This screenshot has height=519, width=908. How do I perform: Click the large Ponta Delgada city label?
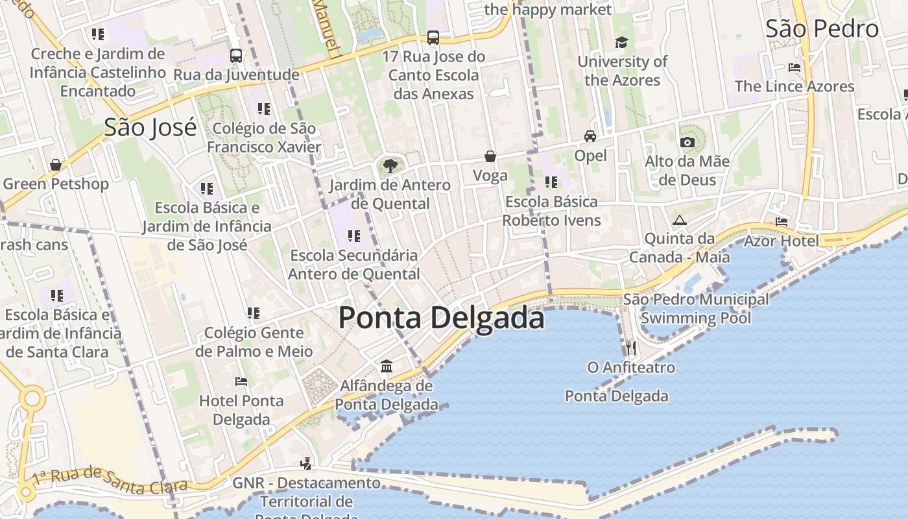click(x=441, y=318)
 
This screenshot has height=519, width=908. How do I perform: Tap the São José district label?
click(x=150, y=127)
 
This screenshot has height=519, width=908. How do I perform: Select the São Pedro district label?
click(x=822, y=29)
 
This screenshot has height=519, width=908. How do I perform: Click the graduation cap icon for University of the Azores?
click(x=622, y=43)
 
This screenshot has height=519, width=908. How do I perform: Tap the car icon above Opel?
click(x=590, y=136)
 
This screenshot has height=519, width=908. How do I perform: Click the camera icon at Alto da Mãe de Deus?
click(x=687, y=142)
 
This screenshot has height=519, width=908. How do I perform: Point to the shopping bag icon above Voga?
click(x=490, y=156)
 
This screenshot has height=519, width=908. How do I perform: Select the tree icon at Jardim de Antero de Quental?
click(x=390, y=166)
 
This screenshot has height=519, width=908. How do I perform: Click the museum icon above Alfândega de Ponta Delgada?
click(x=387, y=367)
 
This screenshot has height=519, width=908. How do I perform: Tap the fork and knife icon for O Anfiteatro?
click(x=631, y=348)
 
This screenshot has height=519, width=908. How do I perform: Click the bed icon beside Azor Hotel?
click(x=782, y=222)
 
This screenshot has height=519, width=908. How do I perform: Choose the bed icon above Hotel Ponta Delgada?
click(x=241, y=381)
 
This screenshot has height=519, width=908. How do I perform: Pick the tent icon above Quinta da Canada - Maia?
click(x=679, y=220)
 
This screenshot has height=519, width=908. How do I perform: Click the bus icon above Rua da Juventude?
click(x=236, y=56)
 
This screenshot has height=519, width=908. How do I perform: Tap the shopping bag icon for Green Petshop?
click(x=56, y=165)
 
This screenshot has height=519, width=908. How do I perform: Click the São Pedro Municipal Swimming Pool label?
click(x=696, y=308)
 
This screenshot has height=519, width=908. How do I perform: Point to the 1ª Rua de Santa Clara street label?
click(x=110, y=479)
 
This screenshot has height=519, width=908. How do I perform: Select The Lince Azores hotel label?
click(x=794, y=86)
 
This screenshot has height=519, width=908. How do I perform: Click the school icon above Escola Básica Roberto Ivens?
click(x=551, y=182)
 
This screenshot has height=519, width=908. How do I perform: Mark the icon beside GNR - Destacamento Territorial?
click(x=306, y=463)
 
